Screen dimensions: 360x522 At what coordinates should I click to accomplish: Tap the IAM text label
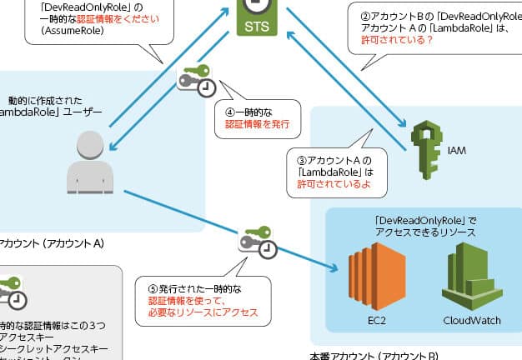coord(457,151)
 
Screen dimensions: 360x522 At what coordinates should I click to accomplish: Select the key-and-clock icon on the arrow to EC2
coord(258,240)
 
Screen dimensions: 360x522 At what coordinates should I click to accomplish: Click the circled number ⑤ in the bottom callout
coord(152,287)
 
